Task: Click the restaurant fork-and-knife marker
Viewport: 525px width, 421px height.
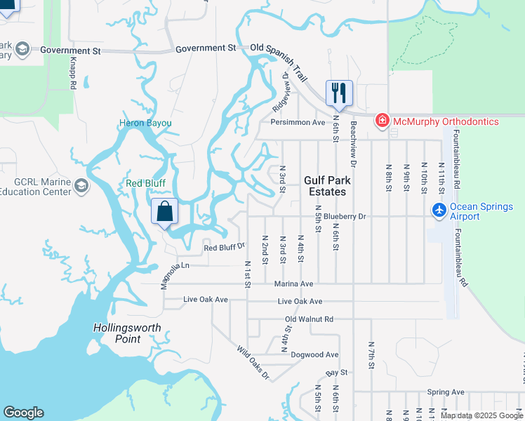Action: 339,93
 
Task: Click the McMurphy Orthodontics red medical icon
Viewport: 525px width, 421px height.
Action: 383,121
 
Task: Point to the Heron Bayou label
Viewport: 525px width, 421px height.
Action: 145,123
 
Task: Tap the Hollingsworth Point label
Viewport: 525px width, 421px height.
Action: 127,333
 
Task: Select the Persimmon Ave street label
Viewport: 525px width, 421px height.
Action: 298,122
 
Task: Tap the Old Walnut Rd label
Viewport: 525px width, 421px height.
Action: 309,319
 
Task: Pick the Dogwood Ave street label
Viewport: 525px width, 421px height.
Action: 314,355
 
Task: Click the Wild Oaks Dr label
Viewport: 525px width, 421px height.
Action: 253,362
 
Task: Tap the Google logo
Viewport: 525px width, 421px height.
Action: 23,413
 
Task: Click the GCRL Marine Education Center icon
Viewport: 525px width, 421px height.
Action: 81,186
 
